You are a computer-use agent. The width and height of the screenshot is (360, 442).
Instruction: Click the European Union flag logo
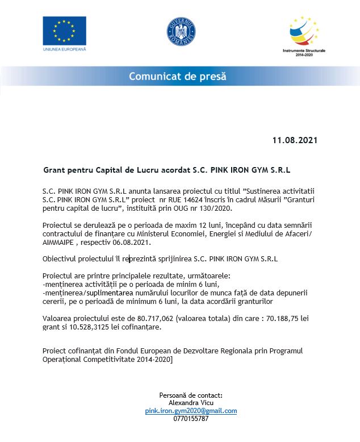(x=64, y=30)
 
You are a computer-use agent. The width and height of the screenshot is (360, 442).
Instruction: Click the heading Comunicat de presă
(x=177, y=76)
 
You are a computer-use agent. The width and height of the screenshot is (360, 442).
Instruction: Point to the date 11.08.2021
(x=295, y=140)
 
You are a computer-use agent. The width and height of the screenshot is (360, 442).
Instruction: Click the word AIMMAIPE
(x=59, y=242)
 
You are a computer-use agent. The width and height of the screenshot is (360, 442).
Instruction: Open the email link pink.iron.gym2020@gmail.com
(x=190, y=411)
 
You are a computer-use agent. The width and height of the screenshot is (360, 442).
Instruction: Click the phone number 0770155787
(x=191, y=419)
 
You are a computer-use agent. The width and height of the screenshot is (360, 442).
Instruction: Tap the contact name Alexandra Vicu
(x=191, y=403)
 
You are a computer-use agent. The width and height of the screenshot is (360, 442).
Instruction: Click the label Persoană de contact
(x=191, y=395)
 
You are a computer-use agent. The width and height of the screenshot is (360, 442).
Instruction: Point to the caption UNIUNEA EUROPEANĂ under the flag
(x=64, y=49)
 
